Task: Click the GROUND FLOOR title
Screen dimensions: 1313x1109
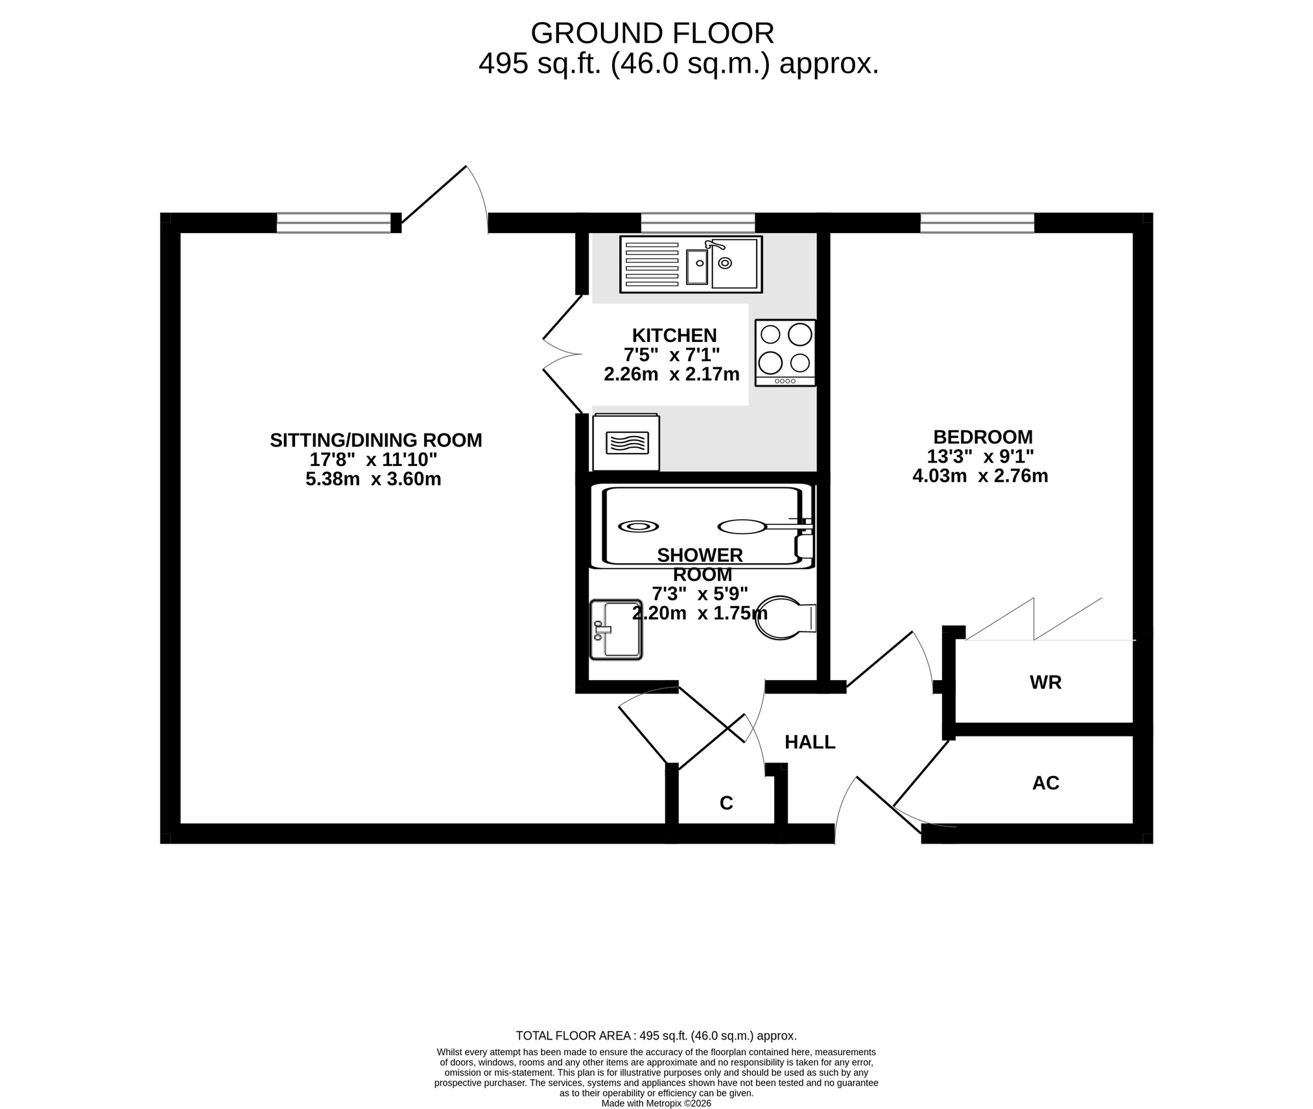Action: pos(652,33)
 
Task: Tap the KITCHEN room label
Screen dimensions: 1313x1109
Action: pos(674,335)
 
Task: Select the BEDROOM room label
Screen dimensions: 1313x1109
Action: pos(982,437)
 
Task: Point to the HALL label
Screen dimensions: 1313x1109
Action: pos(810,742)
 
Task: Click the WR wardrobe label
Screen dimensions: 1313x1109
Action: pos(1045,683)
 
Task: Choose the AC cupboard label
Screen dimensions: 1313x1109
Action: pos(1045,783)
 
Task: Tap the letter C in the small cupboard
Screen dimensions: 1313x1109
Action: pos(726,803)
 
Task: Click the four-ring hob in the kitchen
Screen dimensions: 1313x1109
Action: pos(785,353)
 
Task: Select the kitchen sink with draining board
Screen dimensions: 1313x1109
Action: pos(691,264)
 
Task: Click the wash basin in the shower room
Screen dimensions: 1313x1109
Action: pos(616,629)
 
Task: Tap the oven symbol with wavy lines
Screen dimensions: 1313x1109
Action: pos(626,443)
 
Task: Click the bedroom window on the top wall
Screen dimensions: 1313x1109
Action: pos(977,223)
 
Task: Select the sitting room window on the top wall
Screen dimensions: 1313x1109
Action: pos(334,223)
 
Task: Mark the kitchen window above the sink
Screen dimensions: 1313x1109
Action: pos(698,223)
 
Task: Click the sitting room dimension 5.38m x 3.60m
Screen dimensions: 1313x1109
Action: pos(373,480)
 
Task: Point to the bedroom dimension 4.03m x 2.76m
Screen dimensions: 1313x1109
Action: pos(980,476)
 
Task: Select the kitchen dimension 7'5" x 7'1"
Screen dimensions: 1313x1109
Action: pos(672,355)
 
